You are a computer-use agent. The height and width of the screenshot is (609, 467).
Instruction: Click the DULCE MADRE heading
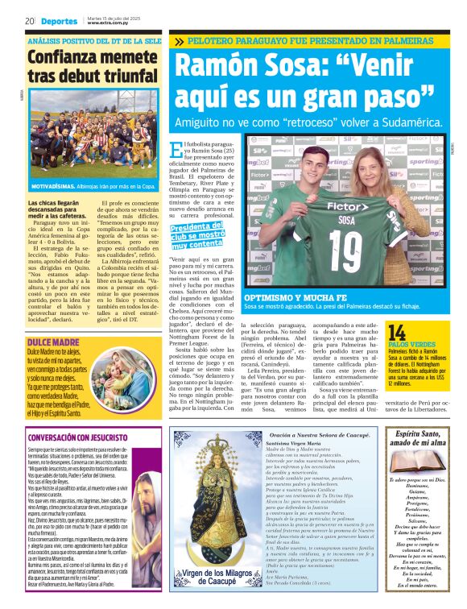pyautogui.click(x=52, y=320)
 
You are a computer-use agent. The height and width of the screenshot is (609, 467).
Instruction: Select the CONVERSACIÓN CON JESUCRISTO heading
pyautogui.click(x=76, y=439)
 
